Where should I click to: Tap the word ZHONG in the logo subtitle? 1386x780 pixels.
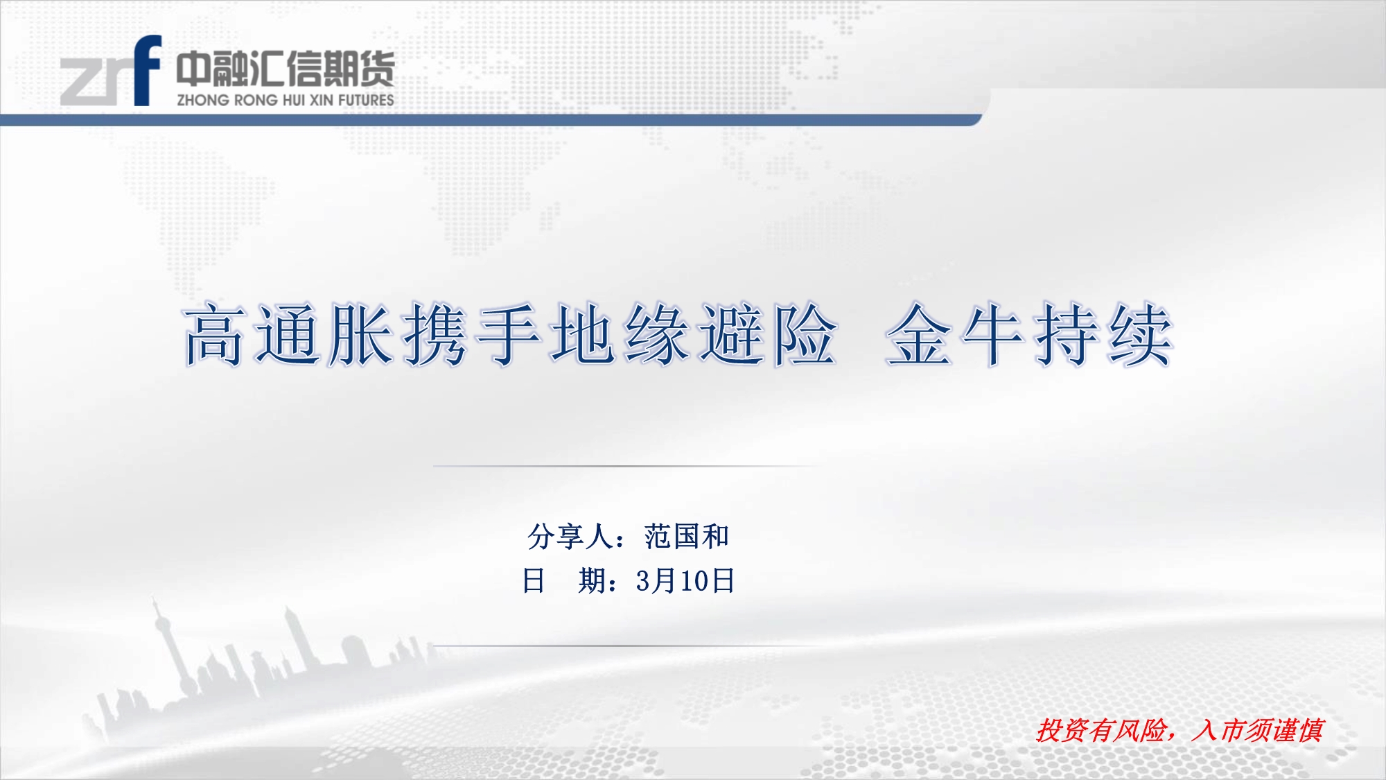coord(203,100)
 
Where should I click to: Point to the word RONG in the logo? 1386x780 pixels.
coord(256,100)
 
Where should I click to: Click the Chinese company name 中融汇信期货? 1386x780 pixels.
coord(285,69)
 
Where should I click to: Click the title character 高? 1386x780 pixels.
coord(215,334)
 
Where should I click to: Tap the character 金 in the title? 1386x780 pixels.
coord(919,334)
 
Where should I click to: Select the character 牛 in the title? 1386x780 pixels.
coord(992,334)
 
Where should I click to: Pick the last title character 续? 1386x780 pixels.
coord(1139,334)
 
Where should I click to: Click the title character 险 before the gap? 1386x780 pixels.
coord(804,334)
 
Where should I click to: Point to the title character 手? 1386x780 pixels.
coord(509,334)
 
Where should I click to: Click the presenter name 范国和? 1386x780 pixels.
coord(687,537)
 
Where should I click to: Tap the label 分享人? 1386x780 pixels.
coord(570,537)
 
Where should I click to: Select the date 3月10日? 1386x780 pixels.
coord(685,581)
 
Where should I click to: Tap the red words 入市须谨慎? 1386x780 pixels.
coord(1258,731)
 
